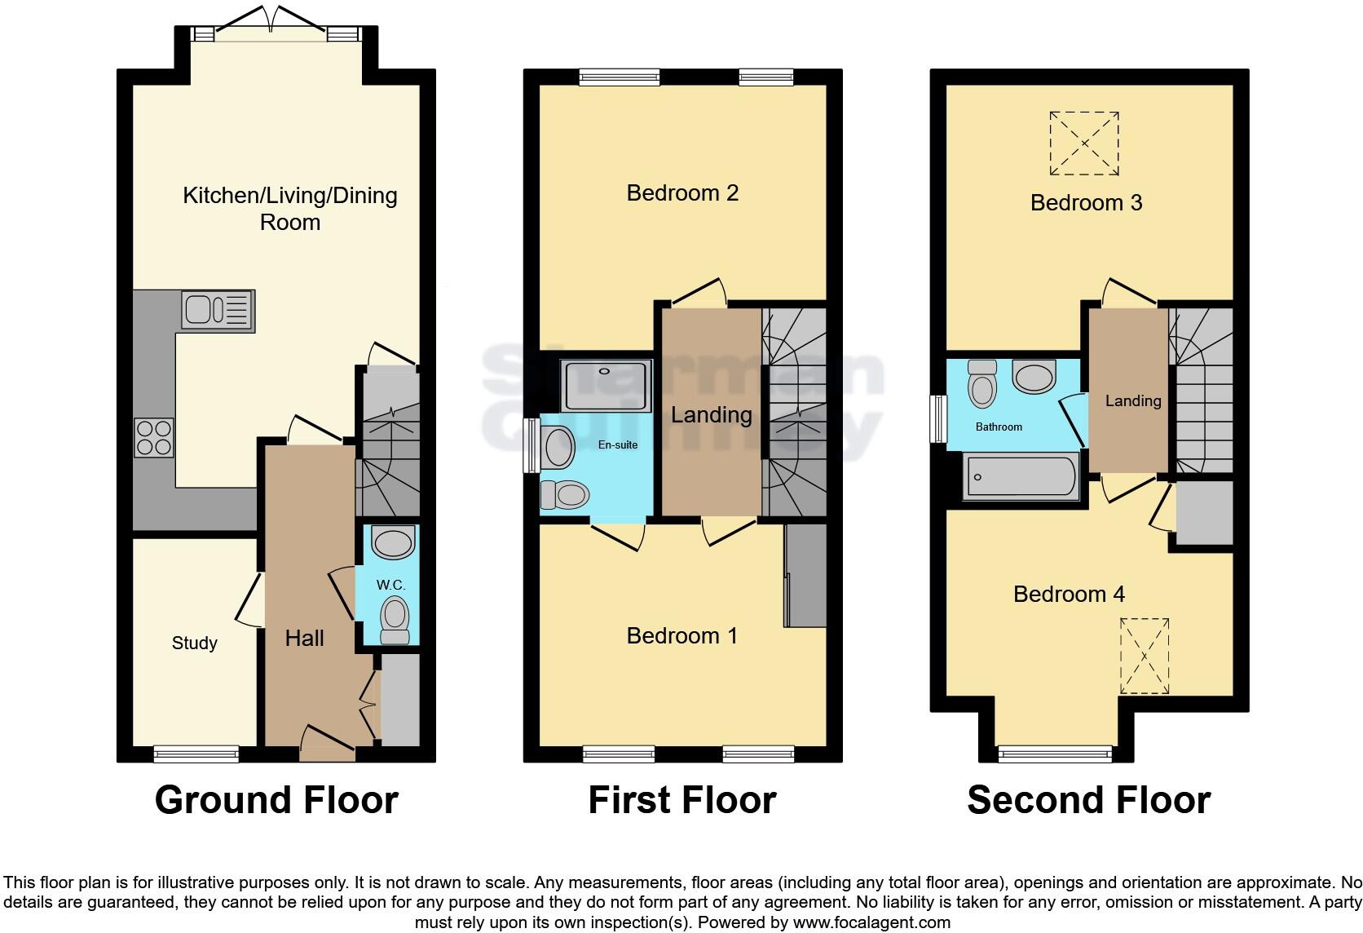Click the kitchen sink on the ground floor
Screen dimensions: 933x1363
[x=218, y=311]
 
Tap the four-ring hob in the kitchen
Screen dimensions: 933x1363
[x=154, y=437]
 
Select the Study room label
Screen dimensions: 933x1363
[x=195, y=643]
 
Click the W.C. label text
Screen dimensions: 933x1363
[x=390, y=586]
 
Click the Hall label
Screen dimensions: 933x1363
[x=304, y=638]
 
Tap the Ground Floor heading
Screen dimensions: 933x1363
[x=276, y=800]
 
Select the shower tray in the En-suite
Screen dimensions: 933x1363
[x=607, y=387]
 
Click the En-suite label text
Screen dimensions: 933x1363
[x=618, y=444]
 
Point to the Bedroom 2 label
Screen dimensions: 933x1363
[x=682, y=193]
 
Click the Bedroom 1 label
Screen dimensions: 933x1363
[x=682, y=635]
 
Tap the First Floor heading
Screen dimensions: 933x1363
[x=682, y=800]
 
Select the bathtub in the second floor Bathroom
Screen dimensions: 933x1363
[x=1021, y=476]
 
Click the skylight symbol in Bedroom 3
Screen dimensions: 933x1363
[x=1084, y=144]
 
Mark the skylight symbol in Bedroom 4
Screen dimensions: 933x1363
[x=1145, y=656]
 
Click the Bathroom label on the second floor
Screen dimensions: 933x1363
[x=999, y=427]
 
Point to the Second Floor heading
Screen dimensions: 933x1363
[x=1088, y=800]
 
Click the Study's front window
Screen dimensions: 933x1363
[x=196, y=754]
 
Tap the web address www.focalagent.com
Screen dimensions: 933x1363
[x=871, y=923]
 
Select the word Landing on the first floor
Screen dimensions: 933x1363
[x=711, y=414]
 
